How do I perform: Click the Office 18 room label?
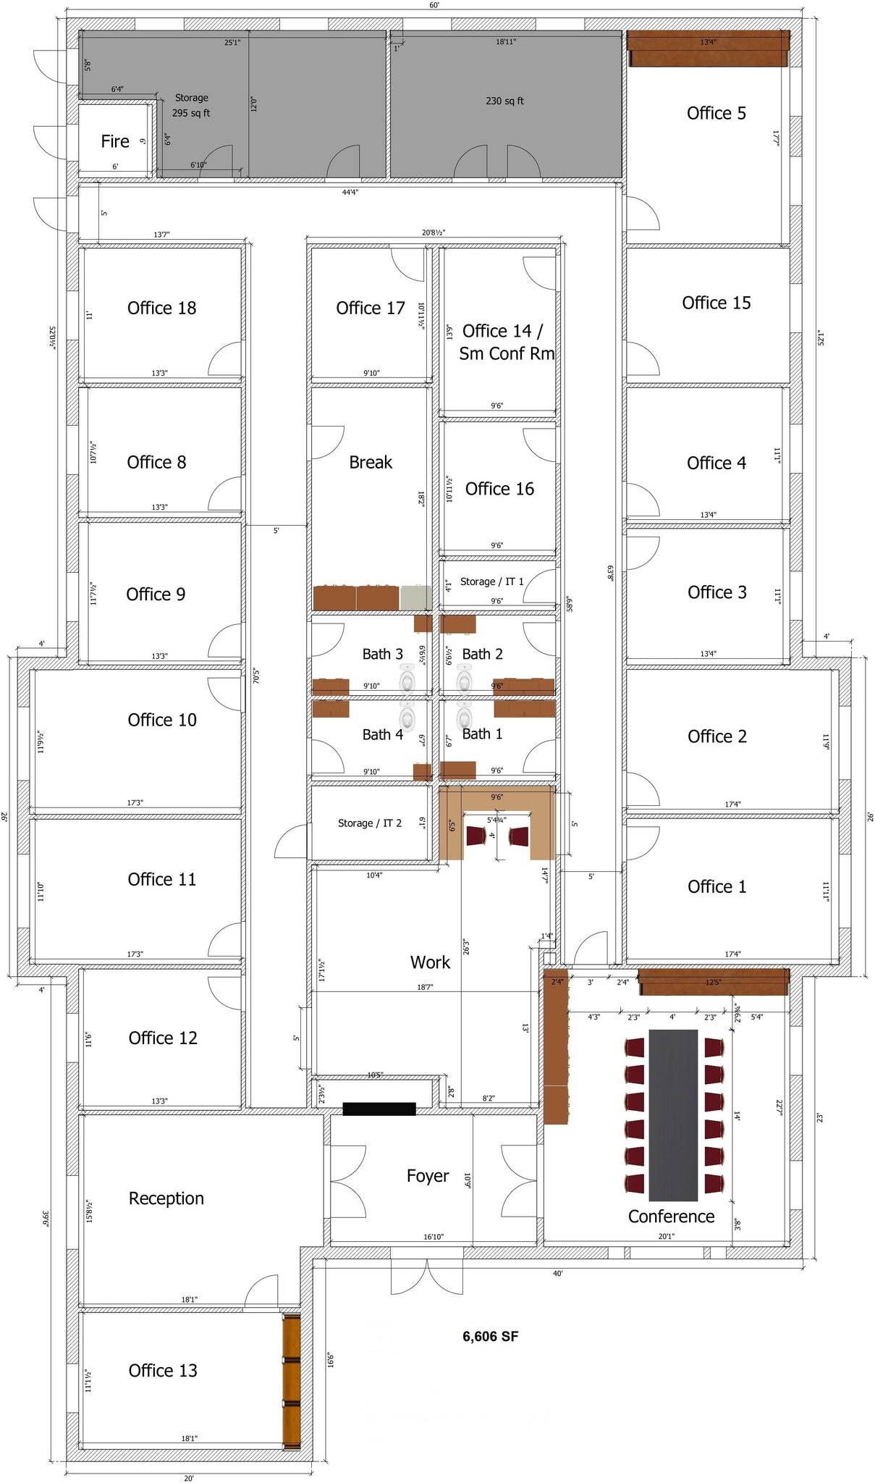pyautogui.click(x=161, y=308)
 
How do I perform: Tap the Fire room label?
pyautogui.click(x=115, y=142)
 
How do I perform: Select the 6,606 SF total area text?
pyautogui.click(x=490, y=1337)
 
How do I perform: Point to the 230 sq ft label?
pyautogui.click(x=504, y=101)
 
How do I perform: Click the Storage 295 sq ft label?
pyautogui.click(x=191, y=106)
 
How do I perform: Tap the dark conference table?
pyautogui.click(x=672, y=1115)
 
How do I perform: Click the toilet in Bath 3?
pyautogui.click(x=407, y=681)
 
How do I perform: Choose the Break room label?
pyautogui.click(x=371, y=463)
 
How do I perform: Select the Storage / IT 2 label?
pyautogui.click(x=369, y=823)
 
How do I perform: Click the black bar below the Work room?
pyautogui.click(x=379, y=1109)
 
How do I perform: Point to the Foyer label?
pyautogui.click(x=427, y=1176)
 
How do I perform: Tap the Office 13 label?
pyautogui.click(x=163, y=1371)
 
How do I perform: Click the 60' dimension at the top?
pyautogui.click(x=434, y=5)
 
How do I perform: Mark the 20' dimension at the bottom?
pyautogui.click(x=188, y=1478)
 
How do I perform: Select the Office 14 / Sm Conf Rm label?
pyautogui.click(x=506, y=343)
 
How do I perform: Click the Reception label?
pyautogui.click(x=166, y=1198)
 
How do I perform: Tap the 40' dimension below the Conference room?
pyautogui.click(x=557, y=1274)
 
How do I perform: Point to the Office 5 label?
pyautogui.click(x=716, y=114)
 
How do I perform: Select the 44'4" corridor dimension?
pyautogui.click(x=350, y=193)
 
